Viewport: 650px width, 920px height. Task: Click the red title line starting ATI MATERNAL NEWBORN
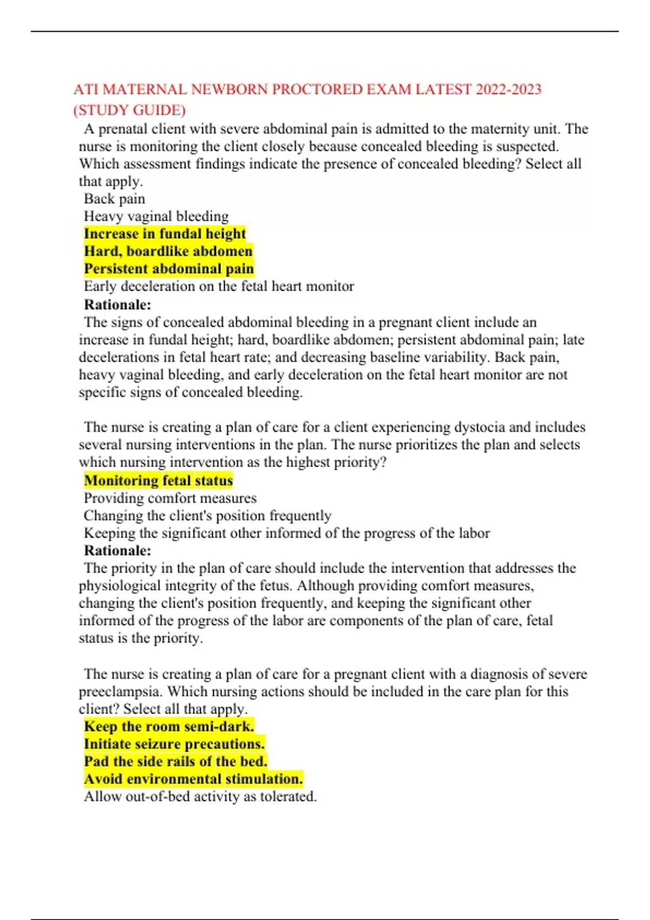point(307,89)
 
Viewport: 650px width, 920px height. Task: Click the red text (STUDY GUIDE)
point(129,110)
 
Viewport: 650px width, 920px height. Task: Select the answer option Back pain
point(114,199)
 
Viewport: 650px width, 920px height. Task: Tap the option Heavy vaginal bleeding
point(156,216)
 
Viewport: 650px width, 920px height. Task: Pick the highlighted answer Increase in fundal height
point(165,234)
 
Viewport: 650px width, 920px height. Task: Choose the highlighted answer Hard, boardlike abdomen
point(168,251)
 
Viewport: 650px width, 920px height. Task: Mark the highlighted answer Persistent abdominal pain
point(168,269)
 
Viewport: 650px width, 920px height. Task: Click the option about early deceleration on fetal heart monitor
point(219,286)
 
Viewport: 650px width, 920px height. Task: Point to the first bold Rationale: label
point(117,304)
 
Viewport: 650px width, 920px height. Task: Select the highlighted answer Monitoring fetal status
point(158,481)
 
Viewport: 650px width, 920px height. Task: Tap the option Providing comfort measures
point(170,498)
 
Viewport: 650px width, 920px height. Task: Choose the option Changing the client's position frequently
point(207,516)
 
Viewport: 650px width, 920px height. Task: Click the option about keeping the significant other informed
point(287,533)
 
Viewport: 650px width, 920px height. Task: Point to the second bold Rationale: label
point(117,550)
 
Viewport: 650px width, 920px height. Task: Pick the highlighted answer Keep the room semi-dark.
point(168,726)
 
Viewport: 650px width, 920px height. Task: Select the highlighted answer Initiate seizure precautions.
point(174,744)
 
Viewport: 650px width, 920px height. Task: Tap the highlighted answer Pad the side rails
point(175,761)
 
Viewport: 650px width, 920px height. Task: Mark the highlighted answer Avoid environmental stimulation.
point(193,779)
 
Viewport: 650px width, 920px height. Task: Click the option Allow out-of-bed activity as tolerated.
point(200,797)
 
